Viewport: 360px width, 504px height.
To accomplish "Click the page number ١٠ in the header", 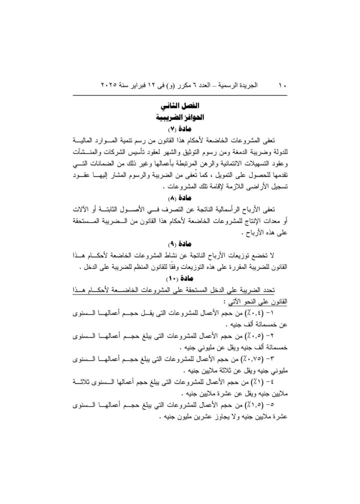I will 283,86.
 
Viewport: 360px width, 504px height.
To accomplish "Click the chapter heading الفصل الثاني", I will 180,106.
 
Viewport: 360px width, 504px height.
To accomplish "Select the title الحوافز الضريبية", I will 180,117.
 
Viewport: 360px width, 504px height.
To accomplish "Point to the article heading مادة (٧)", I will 180,129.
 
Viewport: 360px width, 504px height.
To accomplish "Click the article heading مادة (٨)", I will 180,198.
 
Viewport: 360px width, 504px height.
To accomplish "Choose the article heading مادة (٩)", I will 180,244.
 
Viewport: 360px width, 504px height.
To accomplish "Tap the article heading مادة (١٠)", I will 180,278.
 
